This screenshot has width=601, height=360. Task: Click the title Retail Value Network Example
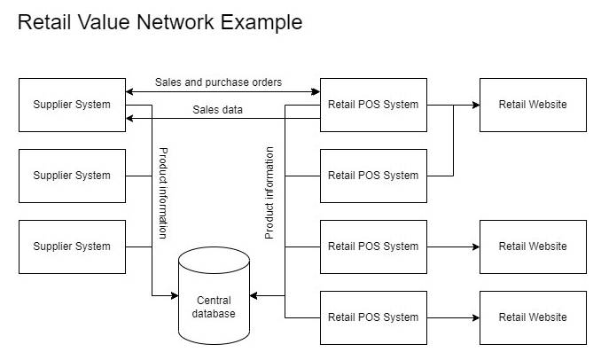tap(160, 22)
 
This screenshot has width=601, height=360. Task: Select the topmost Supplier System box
tap(72, 105)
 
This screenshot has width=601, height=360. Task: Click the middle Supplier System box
tap(72, 176)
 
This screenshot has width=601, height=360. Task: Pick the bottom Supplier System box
tap(72, 247)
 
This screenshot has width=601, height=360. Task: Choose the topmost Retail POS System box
tap(373, 105)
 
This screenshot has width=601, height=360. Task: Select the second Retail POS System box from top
tap(373, 176)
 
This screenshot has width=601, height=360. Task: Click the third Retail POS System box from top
tap(373, 247)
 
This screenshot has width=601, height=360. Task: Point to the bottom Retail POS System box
tap(373, 317)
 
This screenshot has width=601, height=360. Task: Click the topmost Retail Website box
tap(533, 105)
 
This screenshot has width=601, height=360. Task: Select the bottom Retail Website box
tap(533, 317)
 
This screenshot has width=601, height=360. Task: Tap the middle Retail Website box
tap(533, 247)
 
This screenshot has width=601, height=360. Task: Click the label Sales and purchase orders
tap(218, 82)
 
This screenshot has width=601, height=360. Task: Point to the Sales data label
tap(217, 110)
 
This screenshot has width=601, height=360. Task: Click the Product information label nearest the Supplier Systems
tap(163, 193)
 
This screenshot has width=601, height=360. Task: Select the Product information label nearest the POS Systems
tap(269, 193)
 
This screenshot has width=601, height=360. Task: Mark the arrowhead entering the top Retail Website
tap(475, 105)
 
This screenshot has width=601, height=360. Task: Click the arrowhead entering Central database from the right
tap(254, 295)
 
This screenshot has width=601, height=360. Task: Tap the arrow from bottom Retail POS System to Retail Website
tap(452, 317)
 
